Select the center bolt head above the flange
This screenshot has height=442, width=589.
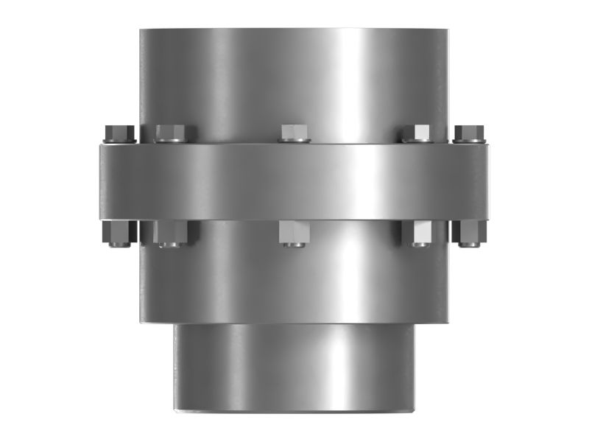click(294, 133)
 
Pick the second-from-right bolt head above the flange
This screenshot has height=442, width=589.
click(416, 133)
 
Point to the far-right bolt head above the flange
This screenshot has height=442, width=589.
click(469, 133)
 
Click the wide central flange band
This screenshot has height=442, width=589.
click(294, 181)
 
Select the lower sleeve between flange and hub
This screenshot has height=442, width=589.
click(294, 284)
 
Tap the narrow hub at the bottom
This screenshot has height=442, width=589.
click(294, 368)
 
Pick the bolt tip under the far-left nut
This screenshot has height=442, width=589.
click(118, 244)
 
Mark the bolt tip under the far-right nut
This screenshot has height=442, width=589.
click(470, 244)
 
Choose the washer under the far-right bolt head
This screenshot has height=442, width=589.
click(469, 141)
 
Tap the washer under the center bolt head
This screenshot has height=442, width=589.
click(294, 141)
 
